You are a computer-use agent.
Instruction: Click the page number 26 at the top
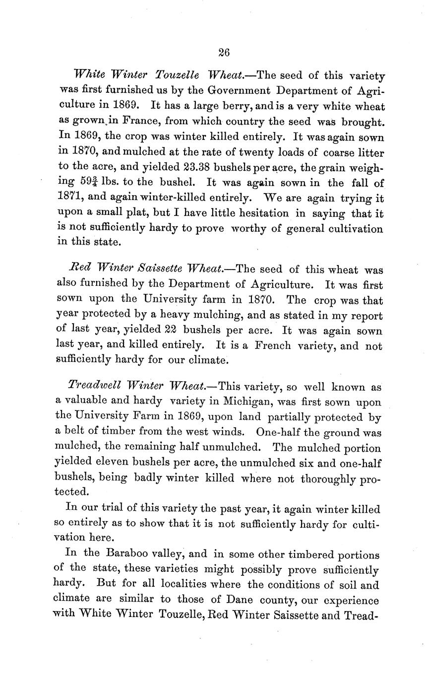click(x=223, y=53)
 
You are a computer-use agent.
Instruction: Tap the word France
click(x=141, y=121)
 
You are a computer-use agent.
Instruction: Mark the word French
click(x=272, y=346)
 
